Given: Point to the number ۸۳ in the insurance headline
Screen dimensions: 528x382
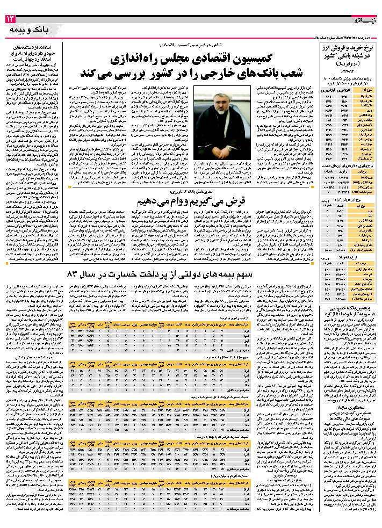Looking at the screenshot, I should tap(73, 274).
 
